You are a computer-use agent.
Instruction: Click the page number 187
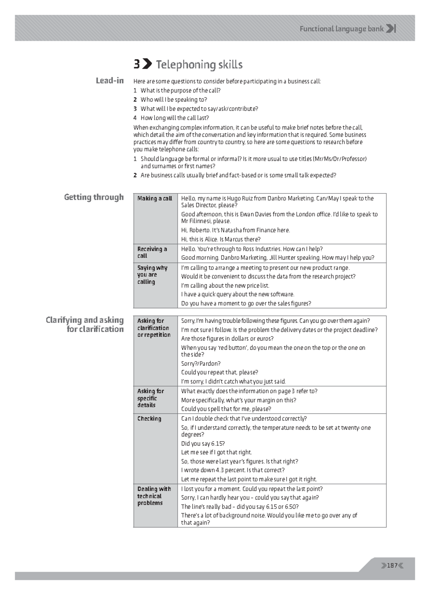point(392,566)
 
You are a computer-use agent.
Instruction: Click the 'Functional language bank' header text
point(341,29)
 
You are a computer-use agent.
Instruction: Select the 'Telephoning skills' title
point(199,65)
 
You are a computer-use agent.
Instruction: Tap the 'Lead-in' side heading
point(110,81)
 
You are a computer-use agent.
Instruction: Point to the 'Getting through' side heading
point(94,197)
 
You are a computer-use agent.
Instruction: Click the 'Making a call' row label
point(154,198)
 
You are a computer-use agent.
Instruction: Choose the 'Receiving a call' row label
point(152,252)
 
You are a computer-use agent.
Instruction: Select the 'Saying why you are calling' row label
point(152,275)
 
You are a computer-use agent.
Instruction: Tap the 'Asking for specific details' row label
point(150,398)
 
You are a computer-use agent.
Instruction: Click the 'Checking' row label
point(149,418)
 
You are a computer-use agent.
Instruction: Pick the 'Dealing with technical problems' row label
point(154,496)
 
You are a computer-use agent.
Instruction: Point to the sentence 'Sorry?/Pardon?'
point(201,364)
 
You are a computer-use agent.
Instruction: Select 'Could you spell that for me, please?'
point(226,409)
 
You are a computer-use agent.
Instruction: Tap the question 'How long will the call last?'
point(175,118)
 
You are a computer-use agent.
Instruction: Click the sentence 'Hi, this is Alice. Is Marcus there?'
point(221,239)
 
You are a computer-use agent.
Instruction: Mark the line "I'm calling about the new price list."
point(225,285)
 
